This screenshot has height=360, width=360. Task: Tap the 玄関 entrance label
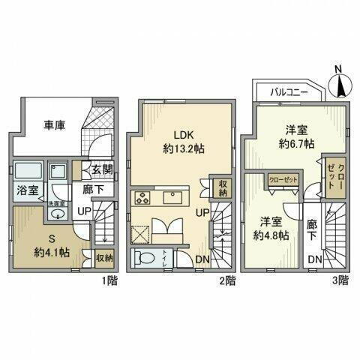pyautogui.click(x=103, y=170)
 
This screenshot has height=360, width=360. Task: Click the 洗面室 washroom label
pyautogui.click(x=56, y=202)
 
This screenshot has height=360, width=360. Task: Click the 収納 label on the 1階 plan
pyautogui.click(x=104, y=258)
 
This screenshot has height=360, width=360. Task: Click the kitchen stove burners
pyautogui.click(x=143, y=198)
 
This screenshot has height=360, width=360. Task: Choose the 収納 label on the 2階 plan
pyautogui.click(x=223, y=187)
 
